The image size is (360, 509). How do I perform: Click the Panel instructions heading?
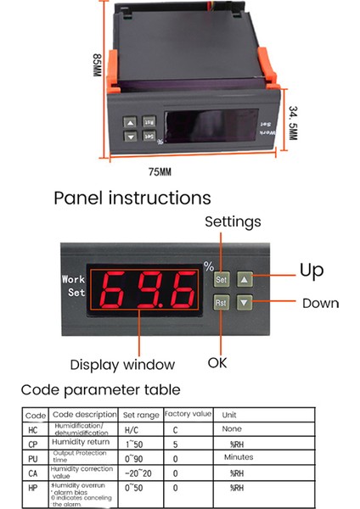pyautogui.click(x=132, y=199)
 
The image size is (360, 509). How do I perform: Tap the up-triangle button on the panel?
pyautogui.click(x=244, y=278)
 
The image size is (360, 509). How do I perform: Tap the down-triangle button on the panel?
pyautogui.click(x=244, y=302)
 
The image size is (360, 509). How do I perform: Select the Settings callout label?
pyautogui.click(x=233, y=222)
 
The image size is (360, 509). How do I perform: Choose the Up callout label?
pyautogui.click(x=312, y=271)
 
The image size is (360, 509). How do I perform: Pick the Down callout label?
pyautogui.click(x=320, y=303)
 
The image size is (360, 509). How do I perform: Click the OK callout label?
pyautogui.click(x=219, y=362)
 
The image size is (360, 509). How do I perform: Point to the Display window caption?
pyautogui.click(x=122, y=364)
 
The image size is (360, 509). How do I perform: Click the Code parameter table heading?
pyautogui.click(x=100, y=390)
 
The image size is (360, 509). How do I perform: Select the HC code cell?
pyautogui.click(x=34, y=430)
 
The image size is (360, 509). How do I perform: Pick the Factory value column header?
pyautogui.click(x=188, y=415)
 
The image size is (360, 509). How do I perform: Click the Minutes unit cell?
pyautogui.click(x=244, y=456)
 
